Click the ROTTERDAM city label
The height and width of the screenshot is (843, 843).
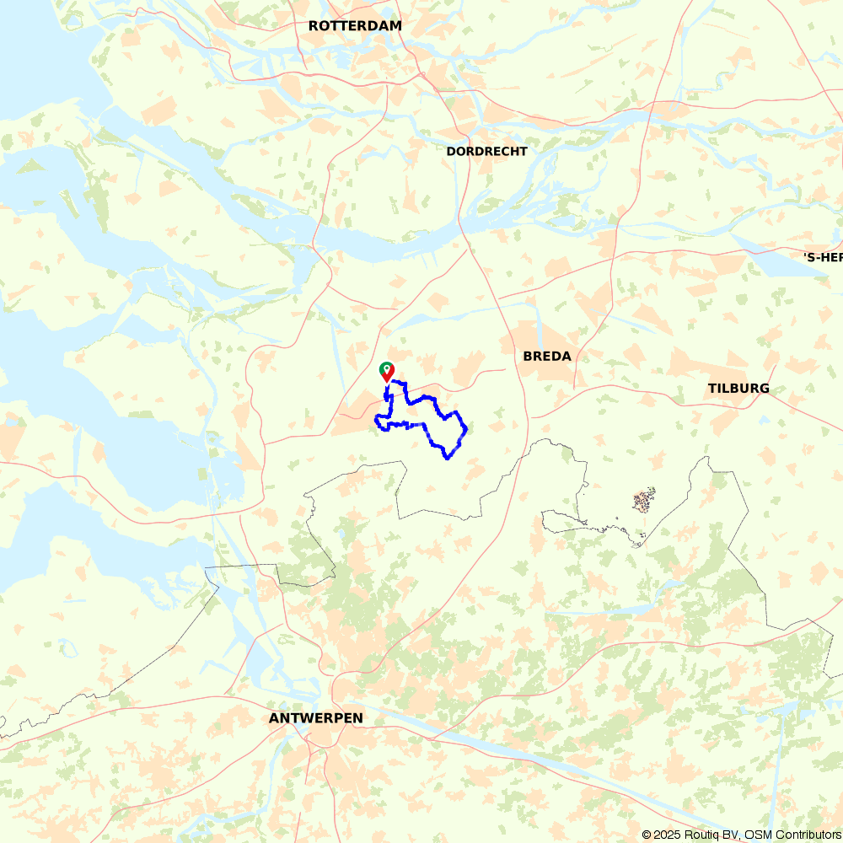[355, 26]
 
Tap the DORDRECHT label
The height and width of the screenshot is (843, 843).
[486, 152]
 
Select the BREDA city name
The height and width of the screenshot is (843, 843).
[547, 357]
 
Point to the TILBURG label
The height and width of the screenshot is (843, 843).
[738, 389]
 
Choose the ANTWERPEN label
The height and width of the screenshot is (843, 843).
[316, 718]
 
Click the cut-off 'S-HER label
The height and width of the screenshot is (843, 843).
[823, 257]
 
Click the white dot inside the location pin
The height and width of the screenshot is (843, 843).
[386, 368]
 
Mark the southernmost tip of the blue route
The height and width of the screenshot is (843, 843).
[448, 459]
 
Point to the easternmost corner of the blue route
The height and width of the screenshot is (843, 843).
[466, 428]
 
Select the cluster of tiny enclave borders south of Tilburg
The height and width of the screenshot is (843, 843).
[643, 502]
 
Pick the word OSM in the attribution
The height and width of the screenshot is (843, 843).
[758, 835]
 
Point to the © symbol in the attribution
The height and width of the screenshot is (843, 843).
[647, 835]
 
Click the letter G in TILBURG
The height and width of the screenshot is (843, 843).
[764, 389]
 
